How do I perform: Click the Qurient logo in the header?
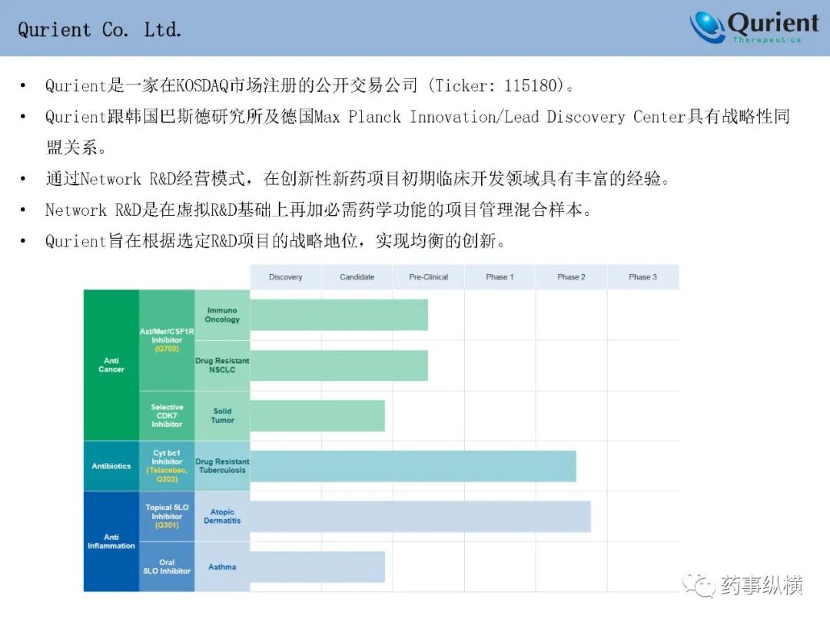pos(755,27)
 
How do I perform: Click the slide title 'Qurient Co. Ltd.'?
pos(99,30)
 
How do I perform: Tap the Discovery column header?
pos(286,276)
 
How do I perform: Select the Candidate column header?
pos(357,276)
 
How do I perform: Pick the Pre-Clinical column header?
pos(429,276)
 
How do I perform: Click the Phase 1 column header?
pos(500,276)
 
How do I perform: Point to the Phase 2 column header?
pos(571,276)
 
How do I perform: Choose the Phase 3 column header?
pos(642,276)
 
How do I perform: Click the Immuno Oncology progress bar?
pos(339,315)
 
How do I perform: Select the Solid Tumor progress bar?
pos(317,415)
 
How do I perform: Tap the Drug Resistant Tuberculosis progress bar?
pos(413,466)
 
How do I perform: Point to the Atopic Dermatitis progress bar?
pos(420,517)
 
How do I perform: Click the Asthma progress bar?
pos(317,567)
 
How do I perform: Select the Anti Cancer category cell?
pos(111,365)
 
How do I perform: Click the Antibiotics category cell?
pos(111,466)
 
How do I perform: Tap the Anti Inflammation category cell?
pos(111,541)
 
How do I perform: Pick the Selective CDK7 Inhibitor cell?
pos(167,415)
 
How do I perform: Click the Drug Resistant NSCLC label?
pos(222,365)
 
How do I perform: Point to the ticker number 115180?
pos(531,85)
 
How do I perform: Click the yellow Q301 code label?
pos(167,525)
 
